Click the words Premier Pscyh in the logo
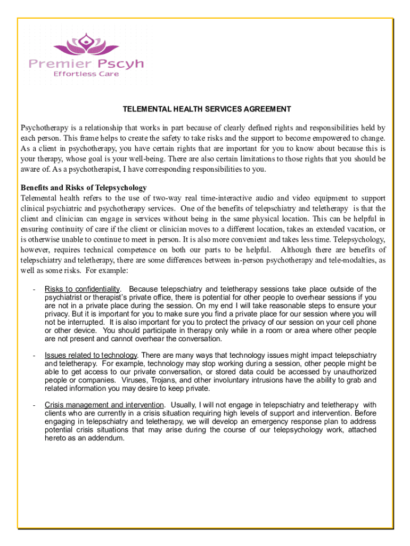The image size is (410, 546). point(86,64)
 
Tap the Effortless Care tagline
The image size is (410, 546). point(86,74)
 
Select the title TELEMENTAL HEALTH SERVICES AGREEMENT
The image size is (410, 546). point(207,109)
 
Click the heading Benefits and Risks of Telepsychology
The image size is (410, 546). point(84,188)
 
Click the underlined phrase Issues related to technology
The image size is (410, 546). point(91,355)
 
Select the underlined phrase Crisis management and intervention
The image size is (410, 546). point(105,405)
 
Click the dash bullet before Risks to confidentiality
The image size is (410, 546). point(34,289)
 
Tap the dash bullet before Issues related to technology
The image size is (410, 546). point(34,355)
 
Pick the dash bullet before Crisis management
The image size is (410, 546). point(34,405)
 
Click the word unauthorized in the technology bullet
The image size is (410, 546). point(350,372)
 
